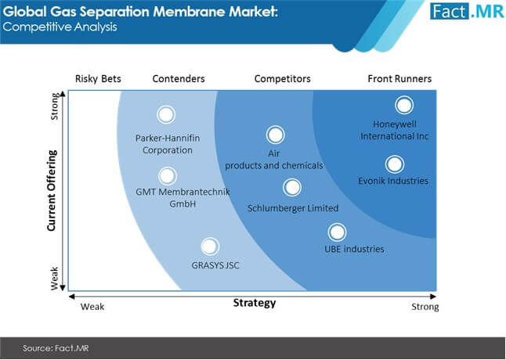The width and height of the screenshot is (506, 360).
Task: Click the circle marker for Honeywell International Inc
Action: tap(404, 105)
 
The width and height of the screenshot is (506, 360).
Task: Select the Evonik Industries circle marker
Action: tap(394, 164)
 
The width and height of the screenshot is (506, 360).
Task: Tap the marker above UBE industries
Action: tap(337, 232)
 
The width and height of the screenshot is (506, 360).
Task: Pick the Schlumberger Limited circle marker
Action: tap(292, 187)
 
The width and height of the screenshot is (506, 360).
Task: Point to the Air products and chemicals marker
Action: tap(275, 135)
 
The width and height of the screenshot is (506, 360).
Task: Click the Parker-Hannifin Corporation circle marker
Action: tap(166, 115)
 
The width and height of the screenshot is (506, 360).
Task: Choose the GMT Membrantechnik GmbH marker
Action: tap(167, 176)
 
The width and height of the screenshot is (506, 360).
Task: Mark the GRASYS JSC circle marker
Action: tap(210, 247)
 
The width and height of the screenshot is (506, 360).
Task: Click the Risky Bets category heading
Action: tap(98, 78)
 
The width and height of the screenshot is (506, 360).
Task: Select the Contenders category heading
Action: tap(179, 78)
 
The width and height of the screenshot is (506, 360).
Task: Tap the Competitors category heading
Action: tap(282, 78)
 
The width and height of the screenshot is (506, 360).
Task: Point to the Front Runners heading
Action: tap(399, 78)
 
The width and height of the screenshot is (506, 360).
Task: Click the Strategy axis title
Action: tap(255, 303)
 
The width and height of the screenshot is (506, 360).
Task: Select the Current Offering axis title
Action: tap(52, 190)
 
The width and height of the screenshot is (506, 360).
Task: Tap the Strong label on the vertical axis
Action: tap(54, 106)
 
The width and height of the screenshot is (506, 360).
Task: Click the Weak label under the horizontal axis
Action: tap(92, 307)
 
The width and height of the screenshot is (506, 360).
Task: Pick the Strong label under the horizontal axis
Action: tap(425, 307)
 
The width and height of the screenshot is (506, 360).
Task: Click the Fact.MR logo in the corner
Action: tap(467, 11)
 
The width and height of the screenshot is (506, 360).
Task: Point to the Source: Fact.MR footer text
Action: tap(56, 348)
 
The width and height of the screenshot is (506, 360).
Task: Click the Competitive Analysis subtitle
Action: tap(60, 27)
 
